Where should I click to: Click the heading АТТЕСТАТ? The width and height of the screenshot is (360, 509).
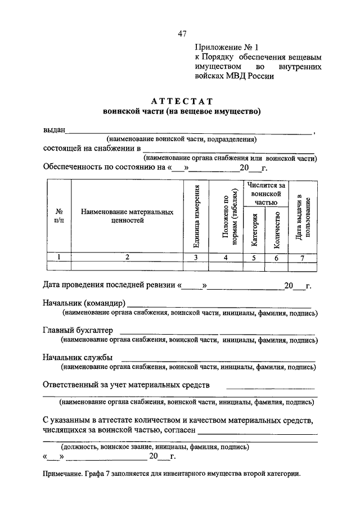[x=182, y=101]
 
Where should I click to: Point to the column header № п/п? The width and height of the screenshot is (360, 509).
[x=58, y=216]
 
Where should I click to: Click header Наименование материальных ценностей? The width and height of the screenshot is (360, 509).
[x=127, y=216]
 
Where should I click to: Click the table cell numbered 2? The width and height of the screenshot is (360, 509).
[x=127, y=257]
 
